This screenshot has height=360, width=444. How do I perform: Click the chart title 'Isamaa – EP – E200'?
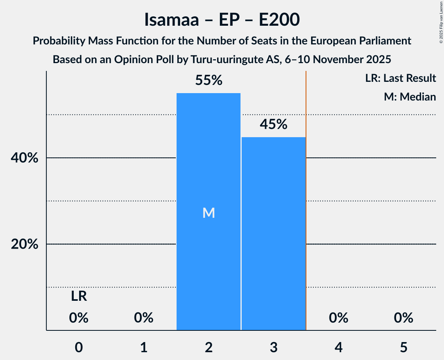[222, 19]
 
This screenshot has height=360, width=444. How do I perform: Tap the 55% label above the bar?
[209, 81]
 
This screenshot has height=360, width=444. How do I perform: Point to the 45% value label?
[273, 124]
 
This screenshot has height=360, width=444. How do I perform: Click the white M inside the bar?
[209, 213]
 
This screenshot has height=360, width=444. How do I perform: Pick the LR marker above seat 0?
[79, 297]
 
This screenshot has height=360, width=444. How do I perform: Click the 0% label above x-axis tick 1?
[143, 318]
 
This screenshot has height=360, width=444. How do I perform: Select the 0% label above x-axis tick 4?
[338, 318]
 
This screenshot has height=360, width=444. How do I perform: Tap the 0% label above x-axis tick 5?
[403, 318]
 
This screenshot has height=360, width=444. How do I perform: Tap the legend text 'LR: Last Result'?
[400, 78]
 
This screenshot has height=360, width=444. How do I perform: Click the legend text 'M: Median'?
[410, 97]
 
